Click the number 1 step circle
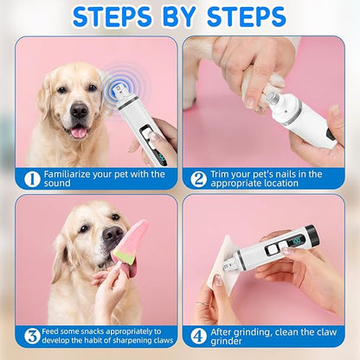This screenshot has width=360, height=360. (31, 179)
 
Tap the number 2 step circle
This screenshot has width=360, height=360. (198, 179)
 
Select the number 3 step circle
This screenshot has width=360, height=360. (31, 336)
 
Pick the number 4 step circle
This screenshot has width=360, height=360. (198, 336)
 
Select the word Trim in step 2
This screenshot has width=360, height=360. (222, 174)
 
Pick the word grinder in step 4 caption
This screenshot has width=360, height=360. (228, 342)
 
